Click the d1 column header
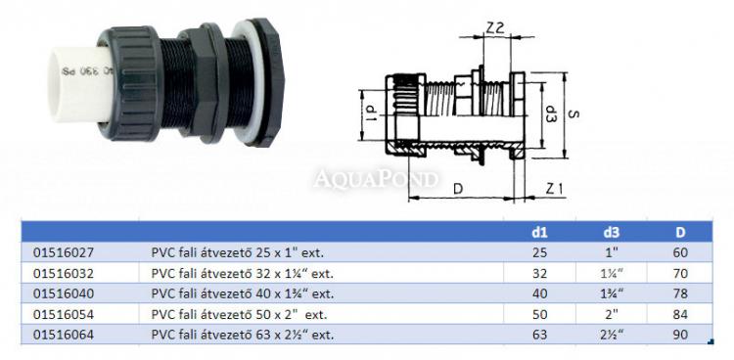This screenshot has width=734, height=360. point(539,232)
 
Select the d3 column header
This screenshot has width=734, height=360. point(612,232)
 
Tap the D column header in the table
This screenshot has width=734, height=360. point(680,232)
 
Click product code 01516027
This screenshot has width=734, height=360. point(64,252)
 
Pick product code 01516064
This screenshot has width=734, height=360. point(64,336)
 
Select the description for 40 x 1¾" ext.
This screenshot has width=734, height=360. point(243,294)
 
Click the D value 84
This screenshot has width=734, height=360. point(680,315)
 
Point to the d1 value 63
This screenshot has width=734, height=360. point(539,336)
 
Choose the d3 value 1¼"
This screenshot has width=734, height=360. point(612,273)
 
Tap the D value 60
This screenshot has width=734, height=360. point(680,252)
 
